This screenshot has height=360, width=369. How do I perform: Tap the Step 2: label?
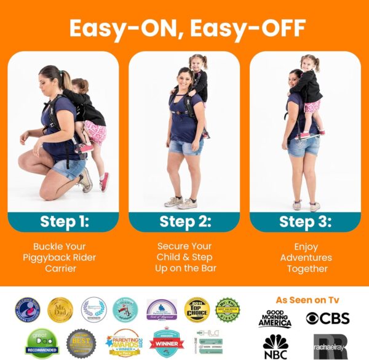coord(184,222)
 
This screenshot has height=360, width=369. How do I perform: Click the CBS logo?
coord(328,318)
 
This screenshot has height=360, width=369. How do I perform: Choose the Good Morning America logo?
coord(275,319)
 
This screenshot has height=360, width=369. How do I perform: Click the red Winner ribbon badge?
coord(166,343)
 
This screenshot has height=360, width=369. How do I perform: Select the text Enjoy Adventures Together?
coord(304,257)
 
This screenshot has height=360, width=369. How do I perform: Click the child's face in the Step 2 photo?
coord(198,63)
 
